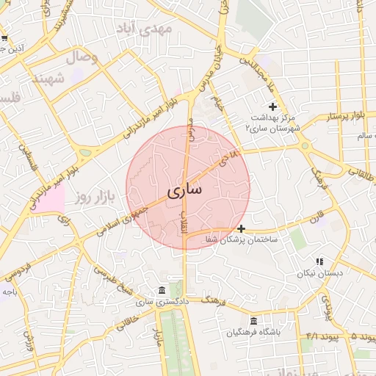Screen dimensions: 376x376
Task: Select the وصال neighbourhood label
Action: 82,57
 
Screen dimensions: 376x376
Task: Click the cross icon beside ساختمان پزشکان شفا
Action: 241,228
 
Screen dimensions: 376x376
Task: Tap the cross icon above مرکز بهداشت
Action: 272,107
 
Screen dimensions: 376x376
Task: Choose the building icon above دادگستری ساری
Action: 162,290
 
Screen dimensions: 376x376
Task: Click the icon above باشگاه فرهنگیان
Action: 253,321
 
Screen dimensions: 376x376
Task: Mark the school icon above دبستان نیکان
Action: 319,261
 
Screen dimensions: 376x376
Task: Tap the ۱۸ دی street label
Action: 232,156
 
